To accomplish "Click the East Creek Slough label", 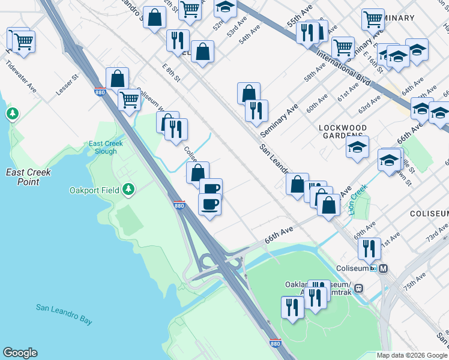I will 106,148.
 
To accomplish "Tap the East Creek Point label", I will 28,177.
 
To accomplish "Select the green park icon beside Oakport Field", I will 127,190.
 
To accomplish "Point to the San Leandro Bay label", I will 64,314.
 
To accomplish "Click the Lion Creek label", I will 359,200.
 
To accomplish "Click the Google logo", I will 20,353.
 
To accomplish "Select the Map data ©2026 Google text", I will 412,355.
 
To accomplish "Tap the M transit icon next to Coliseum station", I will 384,268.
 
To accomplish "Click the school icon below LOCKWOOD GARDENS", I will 357,146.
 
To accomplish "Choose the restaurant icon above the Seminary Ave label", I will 256,110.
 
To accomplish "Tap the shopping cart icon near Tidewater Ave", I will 23,41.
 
